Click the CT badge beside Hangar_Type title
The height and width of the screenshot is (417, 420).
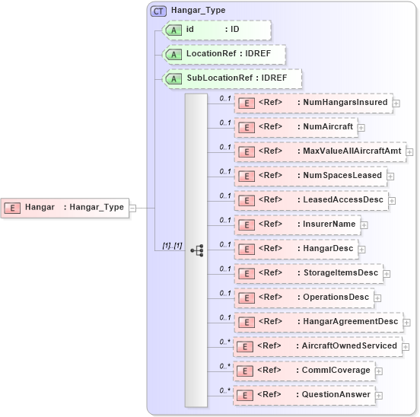click(x=158, y=11)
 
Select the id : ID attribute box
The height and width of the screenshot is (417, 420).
click(x=218, y=30)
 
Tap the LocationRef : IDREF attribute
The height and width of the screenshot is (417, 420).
click(x=225, y=54)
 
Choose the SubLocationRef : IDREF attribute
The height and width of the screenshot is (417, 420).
click(x=233, y=78)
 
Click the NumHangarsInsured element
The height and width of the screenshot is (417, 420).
click(x=313, y=103)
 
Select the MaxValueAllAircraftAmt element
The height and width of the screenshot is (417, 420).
click(x=320, y=151)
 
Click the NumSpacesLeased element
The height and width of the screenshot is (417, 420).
click(x=310, y=176)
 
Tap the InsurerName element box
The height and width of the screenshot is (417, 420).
click(x=297, y=224)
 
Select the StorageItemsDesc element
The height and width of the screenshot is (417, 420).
click(x=308, y=273)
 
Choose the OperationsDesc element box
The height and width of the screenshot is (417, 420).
click(x=304, y=298)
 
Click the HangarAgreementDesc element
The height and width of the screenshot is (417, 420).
click(x=318, y=322)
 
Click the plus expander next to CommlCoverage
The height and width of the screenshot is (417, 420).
click(x=379, y=371)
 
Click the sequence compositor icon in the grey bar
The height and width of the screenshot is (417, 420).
click(x=196, y=249)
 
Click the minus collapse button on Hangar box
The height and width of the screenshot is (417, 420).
click(x=133, y=207)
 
